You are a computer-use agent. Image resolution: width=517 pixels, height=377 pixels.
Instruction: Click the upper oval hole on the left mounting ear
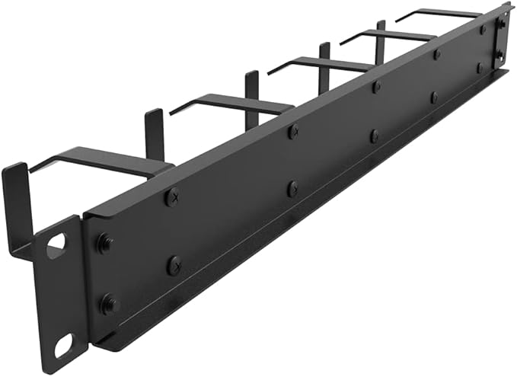[x=56, y=245]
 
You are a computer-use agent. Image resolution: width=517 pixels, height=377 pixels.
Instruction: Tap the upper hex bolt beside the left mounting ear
[x=105, y=244]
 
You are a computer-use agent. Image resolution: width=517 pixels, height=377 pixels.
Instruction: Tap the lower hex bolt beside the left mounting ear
[x=109, y=304]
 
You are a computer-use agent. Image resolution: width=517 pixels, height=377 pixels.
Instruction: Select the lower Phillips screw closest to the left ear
[x=174, y=264]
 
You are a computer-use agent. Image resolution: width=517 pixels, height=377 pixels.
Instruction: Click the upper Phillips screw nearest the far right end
[x=482, y=30]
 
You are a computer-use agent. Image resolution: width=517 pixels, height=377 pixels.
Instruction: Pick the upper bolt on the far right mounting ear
[x=501, y=24]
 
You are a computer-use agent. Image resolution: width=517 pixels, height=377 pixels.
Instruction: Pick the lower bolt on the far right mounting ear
[x=500, y=54]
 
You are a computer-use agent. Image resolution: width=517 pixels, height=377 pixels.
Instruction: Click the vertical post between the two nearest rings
[x=155, y=134]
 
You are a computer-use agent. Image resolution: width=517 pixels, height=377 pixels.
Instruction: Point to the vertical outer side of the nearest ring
[x=17, y=206]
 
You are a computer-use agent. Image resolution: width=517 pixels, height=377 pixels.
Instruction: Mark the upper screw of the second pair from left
[x=293, y=132]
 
